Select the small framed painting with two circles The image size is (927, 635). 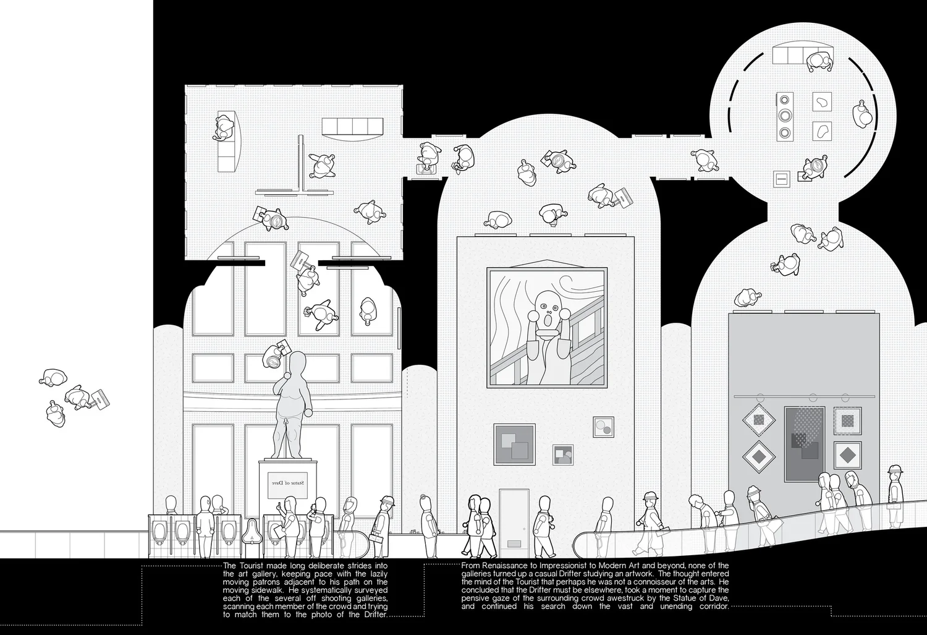click(603, 427)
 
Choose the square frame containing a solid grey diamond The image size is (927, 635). click(847, 456)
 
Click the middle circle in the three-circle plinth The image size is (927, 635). click(785, 115)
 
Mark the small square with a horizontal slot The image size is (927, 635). click(781, 179)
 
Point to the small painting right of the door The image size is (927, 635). click(563, 454)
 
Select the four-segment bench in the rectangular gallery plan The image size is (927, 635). click(352, 126)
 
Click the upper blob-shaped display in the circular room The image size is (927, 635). click(821, 101)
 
